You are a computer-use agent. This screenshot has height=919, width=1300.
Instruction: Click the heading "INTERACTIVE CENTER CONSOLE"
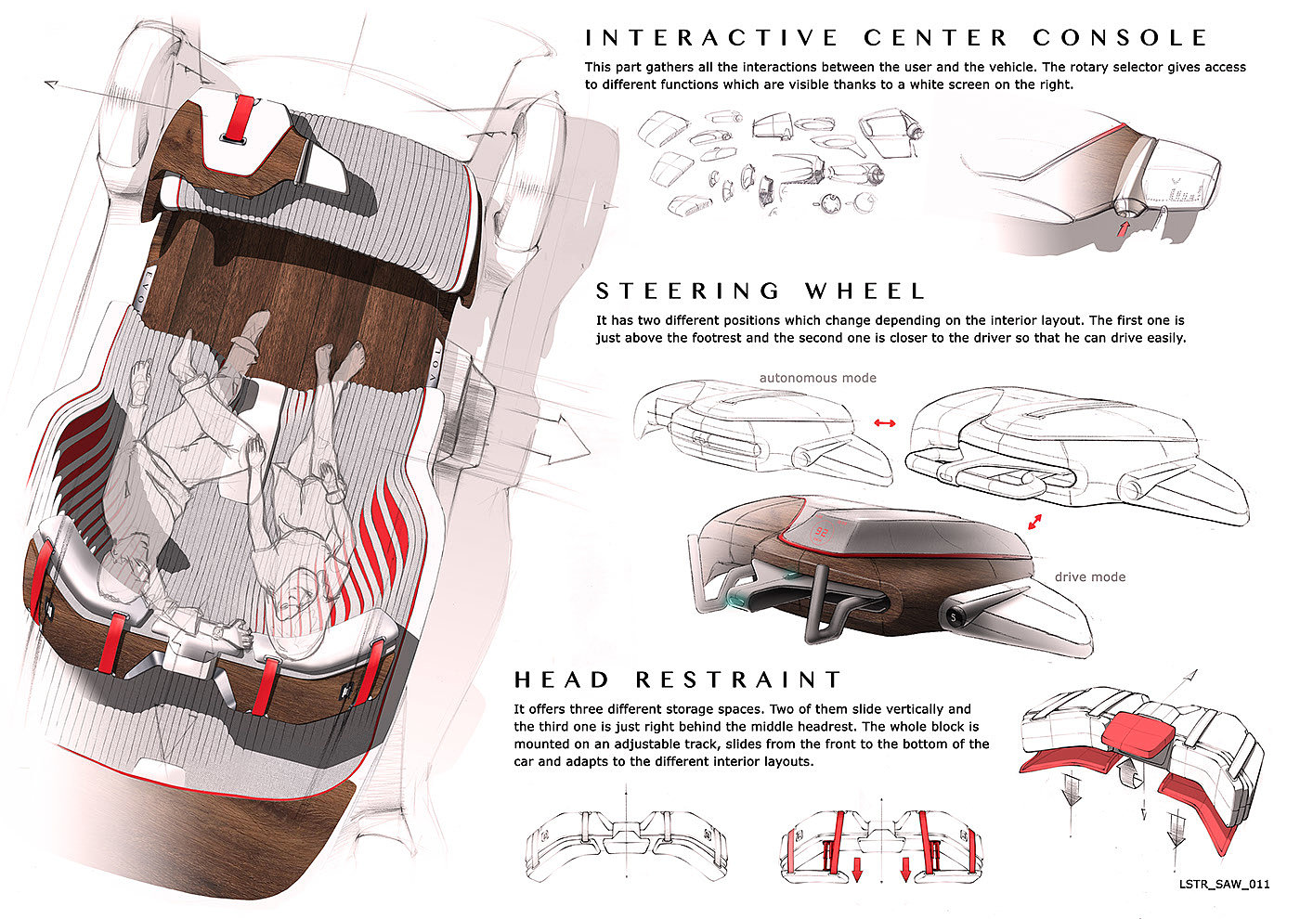tap(896, 38)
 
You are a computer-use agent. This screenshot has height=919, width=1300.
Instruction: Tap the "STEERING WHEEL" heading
tap(760, 291)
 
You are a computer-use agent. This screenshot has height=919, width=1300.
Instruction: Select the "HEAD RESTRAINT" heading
tap(678, 680)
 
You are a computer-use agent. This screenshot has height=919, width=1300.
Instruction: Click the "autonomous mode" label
tap(817, 378)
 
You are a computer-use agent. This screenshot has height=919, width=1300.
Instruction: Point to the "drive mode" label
tap(1089, 576)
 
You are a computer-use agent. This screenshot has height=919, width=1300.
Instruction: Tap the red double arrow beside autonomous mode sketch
tap(884, 423)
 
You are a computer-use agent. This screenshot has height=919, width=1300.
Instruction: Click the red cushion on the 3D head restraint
tap(1137, 731)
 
